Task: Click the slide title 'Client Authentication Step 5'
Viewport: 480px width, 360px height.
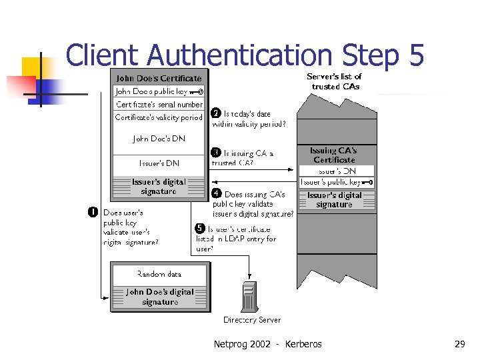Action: click(245, 55)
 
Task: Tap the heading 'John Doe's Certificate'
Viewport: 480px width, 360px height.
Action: click(159, 79)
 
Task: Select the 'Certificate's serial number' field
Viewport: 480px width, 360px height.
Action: click(159, 105)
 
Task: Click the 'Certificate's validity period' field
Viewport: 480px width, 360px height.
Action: click(159, 117)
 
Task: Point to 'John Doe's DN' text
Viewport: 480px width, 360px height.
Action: click(159, 139)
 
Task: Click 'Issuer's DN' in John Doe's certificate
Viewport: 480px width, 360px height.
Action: click(159, 163)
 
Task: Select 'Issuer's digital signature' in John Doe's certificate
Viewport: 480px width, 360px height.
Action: click(159, 187)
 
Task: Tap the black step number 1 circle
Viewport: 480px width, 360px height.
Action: click(93, 212)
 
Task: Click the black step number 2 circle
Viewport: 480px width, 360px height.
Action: click(216, 113)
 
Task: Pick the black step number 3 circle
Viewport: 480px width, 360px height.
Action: click(216, 153)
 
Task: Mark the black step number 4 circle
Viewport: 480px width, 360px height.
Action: click(217, 194)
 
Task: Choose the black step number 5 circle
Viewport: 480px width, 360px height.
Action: click(200, 229)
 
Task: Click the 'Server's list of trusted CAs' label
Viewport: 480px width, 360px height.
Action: click(335, 81)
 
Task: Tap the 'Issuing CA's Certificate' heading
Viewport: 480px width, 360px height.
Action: click(335, 155)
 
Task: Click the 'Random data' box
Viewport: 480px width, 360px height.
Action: click(159, 274)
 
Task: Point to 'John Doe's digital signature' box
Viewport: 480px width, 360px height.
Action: click(159, 297)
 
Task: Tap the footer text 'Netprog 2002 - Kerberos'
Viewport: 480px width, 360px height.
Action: click(267, 344)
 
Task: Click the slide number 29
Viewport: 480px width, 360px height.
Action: click(459, 344)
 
